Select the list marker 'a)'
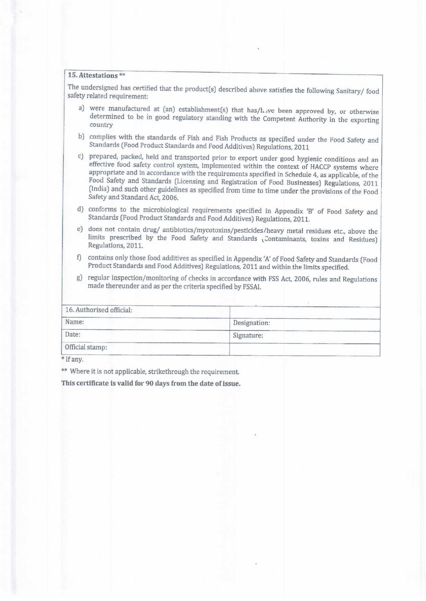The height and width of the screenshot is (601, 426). tap(81, 108)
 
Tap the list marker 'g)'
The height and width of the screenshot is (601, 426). tap(80, 277)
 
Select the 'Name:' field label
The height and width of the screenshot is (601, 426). tap(75, 322)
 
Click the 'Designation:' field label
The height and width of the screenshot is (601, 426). tap(251, 323)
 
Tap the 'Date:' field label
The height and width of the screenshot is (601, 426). tap(73, 334)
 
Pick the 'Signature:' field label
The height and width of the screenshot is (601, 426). tap(248, 336)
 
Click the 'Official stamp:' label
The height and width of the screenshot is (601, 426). tap(86, 347)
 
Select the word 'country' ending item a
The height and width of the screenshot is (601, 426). tap(101, 125)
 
